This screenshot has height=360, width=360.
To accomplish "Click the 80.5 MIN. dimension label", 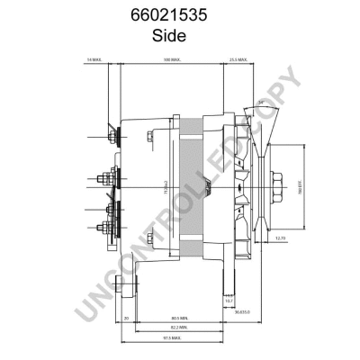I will click(x=179, y=318).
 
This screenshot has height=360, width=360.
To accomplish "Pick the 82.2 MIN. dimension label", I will click(x=179, y=328).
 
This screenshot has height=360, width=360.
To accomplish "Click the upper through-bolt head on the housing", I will click(x=148, y=137).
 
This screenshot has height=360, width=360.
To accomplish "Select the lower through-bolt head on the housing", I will click(x=148, y=238).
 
